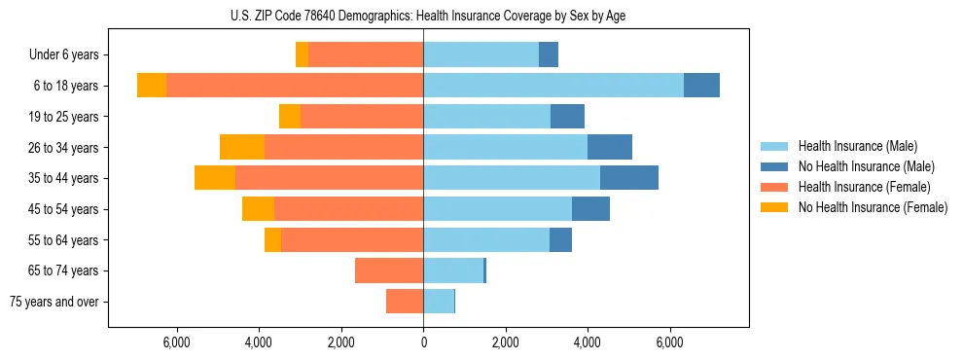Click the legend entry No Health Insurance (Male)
pos(866,166)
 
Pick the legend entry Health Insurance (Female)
pos(864,187)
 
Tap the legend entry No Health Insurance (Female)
pos(873,207)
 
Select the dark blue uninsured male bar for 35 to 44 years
pos(629,178)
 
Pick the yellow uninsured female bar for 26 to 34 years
pos(242,147)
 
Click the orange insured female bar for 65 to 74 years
pos(389,270)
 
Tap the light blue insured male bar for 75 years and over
pos(439,302)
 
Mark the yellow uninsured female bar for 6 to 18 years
pos(152,86)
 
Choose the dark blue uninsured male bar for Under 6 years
pos(549,55)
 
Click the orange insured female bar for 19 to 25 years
pos(362,117)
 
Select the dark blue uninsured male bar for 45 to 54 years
pos(590,209)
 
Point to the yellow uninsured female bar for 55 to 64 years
pos(272,239)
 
